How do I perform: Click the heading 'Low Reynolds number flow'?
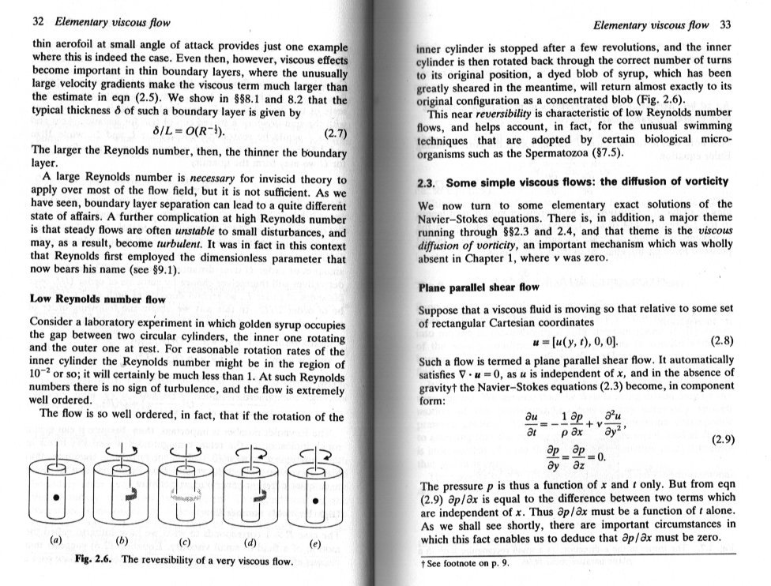tap(97, 299)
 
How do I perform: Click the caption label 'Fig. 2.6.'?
tap(95, 563)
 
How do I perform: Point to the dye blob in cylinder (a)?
tap(55, 501)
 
